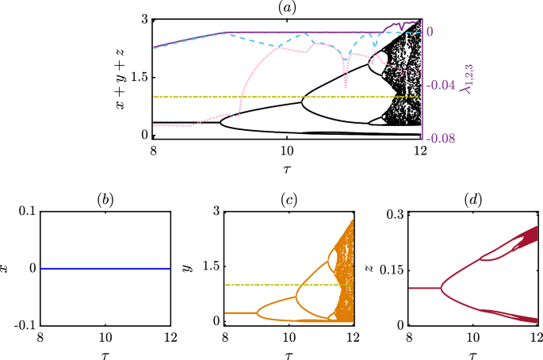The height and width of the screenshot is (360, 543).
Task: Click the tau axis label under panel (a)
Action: point(286,169)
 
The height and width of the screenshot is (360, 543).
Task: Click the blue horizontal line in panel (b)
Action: point(105,269)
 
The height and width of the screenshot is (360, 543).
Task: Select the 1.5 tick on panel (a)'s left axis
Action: point(139,77)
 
